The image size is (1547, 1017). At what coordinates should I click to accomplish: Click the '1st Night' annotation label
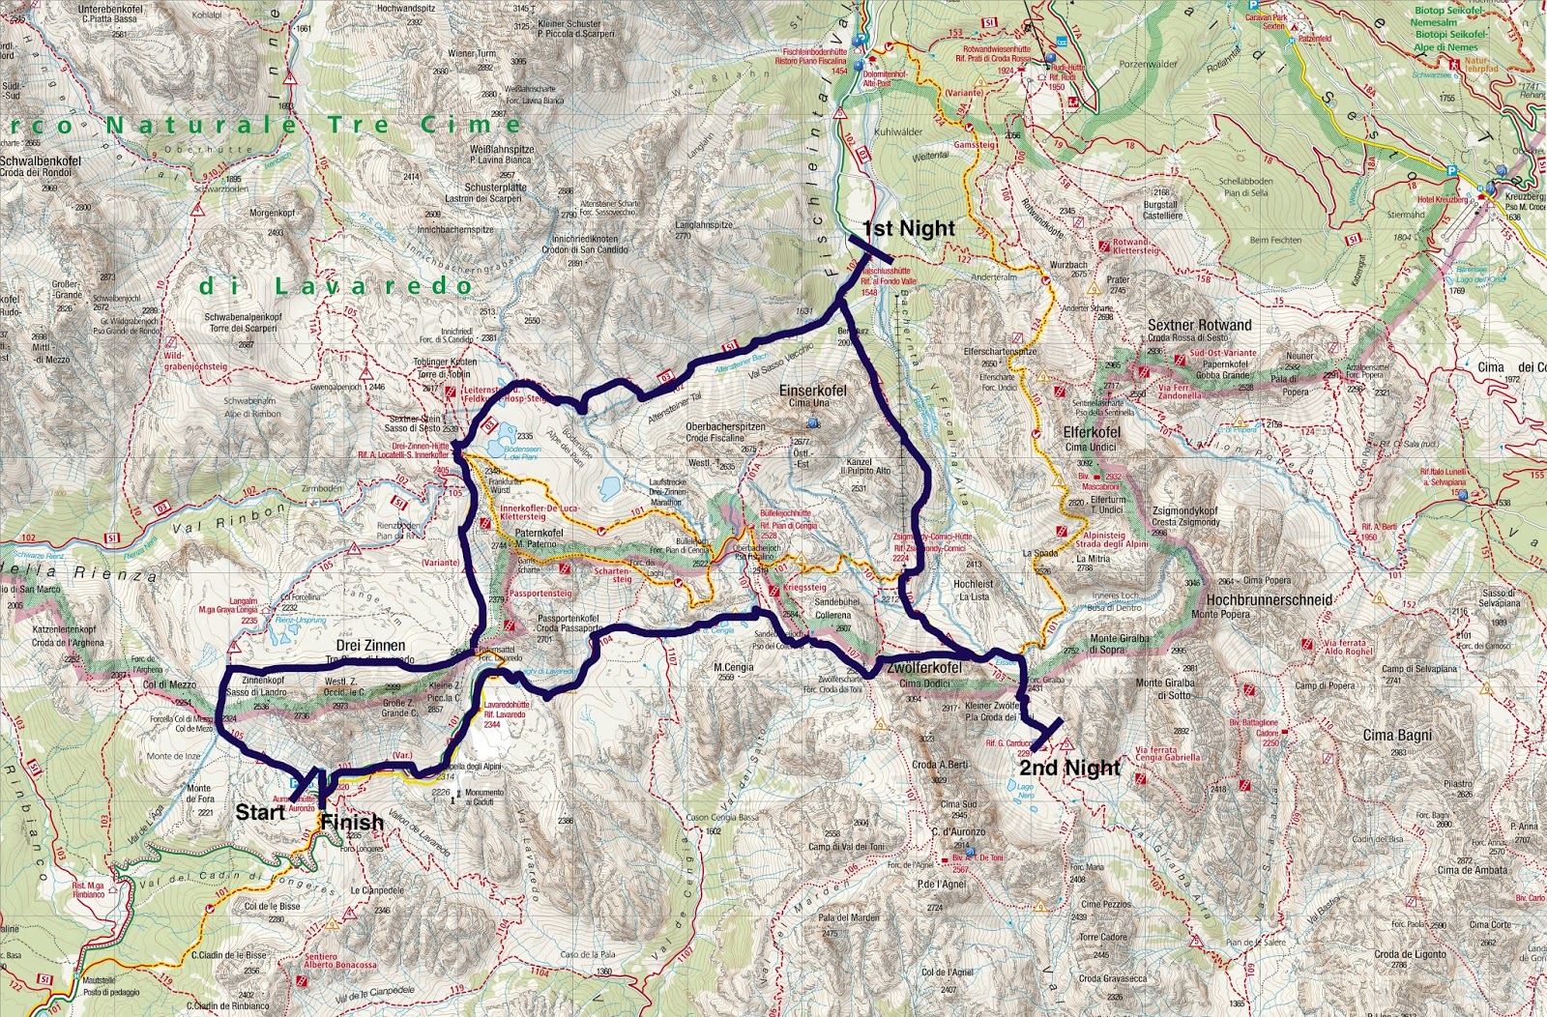tap(908, 229)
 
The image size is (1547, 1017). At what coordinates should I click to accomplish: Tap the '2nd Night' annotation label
tap(1069, 768)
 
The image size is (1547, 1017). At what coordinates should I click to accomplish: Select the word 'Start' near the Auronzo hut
tap(260, 812)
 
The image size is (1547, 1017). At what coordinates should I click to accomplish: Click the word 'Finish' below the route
tap(352, 823)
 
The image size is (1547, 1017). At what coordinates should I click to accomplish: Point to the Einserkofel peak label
tap(812, 391)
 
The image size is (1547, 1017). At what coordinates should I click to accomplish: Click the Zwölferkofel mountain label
tap(923, 668)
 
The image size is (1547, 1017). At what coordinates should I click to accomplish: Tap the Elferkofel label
tap(1092, 432)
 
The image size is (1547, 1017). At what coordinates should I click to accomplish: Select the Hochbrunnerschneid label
tap(1269, 599)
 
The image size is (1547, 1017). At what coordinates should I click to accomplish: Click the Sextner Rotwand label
tap(1199, 325)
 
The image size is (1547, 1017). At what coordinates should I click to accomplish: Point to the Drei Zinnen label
tap(370, 645)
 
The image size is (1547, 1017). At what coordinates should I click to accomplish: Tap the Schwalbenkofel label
tap(41, 160)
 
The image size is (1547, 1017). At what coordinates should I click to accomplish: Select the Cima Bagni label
tap(1397, 736)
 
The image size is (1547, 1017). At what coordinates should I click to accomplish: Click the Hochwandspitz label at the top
tap(407, 8)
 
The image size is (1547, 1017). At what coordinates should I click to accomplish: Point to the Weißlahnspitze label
tap(501, 150)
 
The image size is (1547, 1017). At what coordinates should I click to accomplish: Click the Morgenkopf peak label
tap(272, 213)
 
